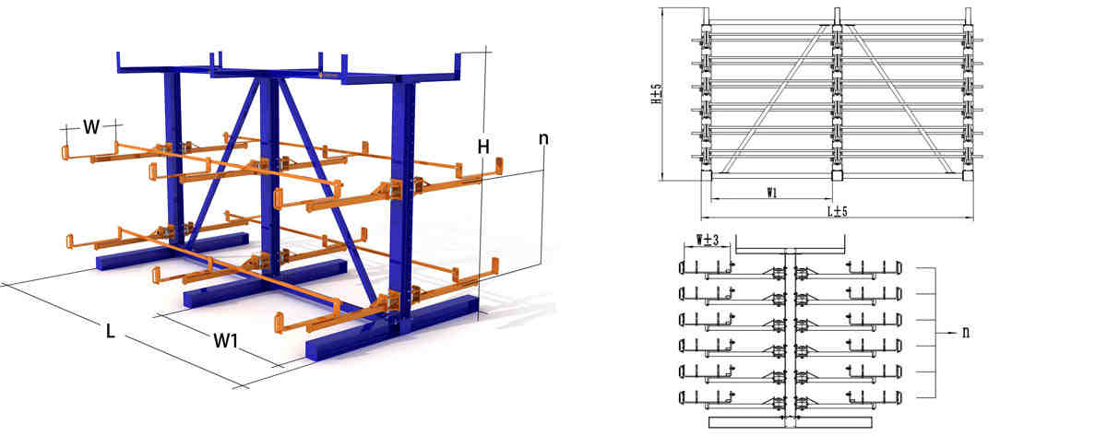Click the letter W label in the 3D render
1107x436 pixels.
coord(90,127)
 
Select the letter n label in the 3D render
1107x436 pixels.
coord(543,139)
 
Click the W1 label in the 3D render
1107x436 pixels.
coord(226,340)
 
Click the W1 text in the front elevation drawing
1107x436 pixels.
coord(771,193)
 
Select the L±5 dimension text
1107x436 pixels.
coord(839,212)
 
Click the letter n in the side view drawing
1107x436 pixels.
coord(965,330)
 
